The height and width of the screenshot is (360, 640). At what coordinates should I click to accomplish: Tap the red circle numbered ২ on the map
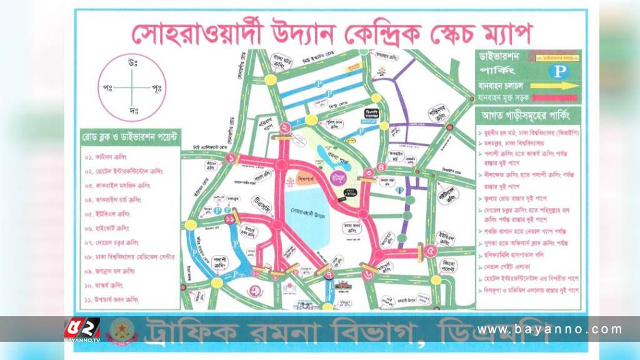coord(285,128)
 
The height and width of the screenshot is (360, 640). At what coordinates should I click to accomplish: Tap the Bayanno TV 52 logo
coord(81,329)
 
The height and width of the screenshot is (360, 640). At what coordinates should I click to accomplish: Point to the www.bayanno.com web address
coord(550,329)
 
